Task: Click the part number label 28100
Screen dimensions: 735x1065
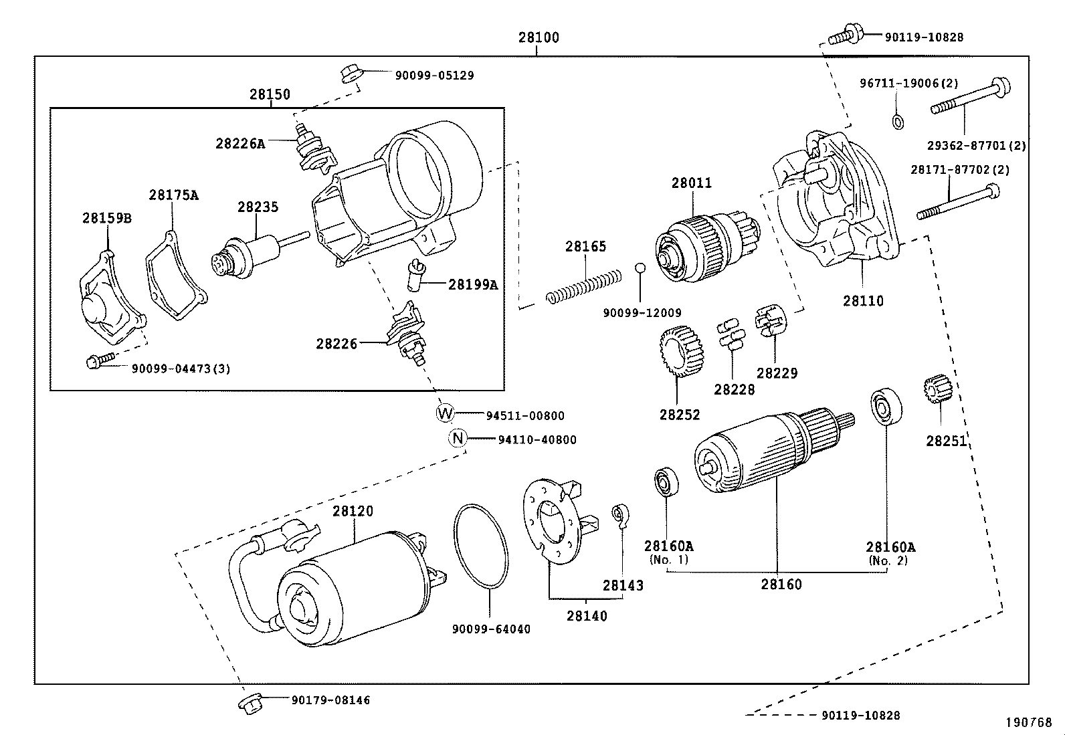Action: click(x=538, y=37)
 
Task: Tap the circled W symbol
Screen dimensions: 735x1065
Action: click(x=445, y=413)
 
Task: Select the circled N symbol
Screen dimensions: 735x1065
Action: click(x=457, y=438)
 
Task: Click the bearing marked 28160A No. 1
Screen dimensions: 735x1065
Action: click(x=666, y=482)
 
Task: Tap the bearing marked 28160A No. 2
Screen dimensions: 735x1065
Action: click(x=886, y=406)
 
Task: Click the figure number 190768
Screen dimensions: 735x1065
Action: click(x=1029, y=722)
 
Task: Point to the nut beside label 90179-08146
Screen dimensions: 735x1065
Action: click(x=249, y=703)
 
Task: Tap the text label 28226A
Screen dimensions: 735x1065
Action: click(x=239, y=143)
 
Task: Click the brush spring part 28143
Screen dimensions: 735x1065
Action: click(x=619, y=515)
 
